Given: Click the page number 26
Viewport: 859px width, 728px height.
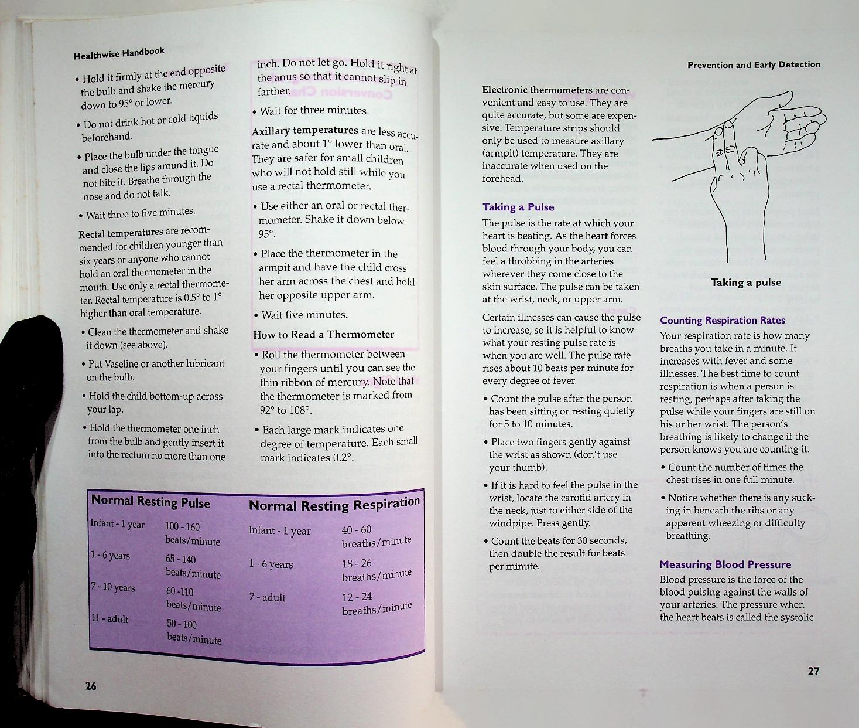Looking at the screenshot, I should coord(91,686).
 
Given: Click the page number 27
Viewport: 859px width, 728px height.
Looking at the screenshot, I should coord(813,671).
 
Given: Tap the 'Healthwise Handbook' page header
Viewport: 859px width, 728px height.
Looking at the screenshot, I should coord(119,53).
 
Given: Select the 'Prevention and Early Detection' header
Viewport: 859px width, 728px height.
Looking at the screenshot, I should coord(754,64).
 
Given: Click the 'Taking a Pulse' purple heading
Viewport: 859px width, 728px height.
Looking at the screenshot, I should coord(518,207).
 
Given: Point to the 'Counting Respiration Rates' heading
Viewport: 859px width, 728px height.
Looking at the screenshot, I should coord(722,320).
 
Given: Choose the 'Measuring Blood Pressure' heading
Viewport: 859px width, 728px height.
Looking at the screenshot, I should coord(725,564).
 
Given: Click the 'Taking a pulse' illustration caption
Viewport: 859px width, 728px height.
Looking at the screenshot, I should coord(745,283).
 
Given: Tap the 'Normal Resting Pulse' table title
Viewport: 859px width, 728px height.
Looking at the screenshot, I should coord(150,502).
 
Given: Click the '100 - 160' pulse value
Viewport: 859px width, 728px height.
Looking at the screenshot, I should coord(182,527).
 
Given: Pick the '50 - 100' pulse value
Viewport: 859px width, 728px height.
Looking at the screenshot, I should coord(182,624).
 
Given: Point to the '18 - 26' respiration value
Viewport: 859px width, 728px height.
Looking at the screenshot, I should coord(356,563).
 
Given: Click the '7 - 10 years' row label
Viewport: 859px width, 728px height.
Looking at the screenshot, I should coord(112,587).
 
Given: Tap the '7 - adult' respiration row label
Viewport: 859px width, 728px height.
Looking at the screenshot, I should coord(267,597).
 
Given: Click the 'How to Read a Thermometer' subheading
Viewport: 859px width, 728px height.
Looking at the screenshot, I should coord(323,335).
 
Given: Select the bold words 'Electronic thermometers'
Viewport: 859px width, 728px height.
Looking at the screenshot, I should coord(537,90).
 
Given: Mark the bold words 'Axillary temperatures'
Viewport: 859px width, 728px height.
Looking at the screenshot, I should coord(304,131).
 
